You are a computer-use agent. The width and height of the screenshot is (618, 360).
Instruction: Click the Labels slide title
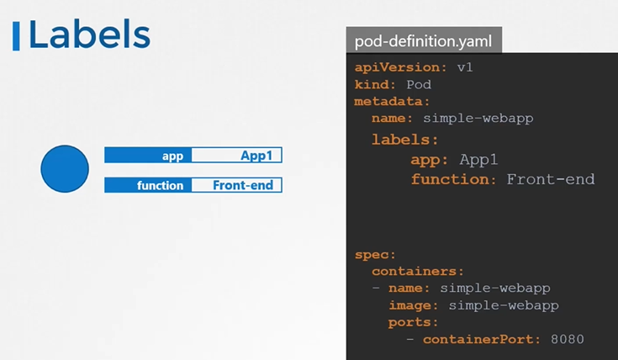tap(89, 35)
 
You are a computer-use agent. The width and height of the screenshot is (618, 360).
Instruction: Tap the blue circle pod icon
tap(65, 169)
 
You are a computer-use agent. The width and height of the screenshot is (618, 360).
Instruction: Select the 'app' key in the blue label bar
tap(173, 156)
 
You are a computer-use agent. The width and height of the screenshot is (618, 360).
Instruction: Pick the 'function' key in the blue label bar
tap(161, 185)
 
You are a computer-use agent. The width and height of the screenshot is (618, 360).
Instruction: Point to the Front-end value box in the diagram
tap(242, 185)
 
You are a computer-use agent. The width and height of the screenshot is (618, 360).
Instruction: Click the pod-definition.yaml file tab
tap(424, 40)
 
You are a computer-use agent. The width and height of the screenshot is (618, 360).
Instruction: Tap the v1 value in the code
tap(465, 67)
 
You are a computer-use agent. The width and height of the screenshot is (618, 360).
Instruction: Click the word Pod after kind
tap(419, 84)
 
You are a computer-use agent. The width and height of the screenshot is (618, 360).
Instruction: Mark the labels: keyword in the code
tap(404, 140)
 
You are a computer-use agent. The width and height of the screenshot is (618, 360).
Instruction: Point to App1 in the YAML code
tap(479, 159)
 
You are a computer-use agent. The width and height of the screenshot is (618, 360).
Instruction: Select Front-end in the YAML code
tap(551, 179)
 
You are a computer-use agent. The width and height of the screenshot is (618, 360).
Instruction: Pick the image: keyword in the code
tap(415, 304)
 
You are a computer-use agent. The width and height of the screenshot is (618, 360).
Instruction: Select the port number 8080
tap(567, 339)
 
